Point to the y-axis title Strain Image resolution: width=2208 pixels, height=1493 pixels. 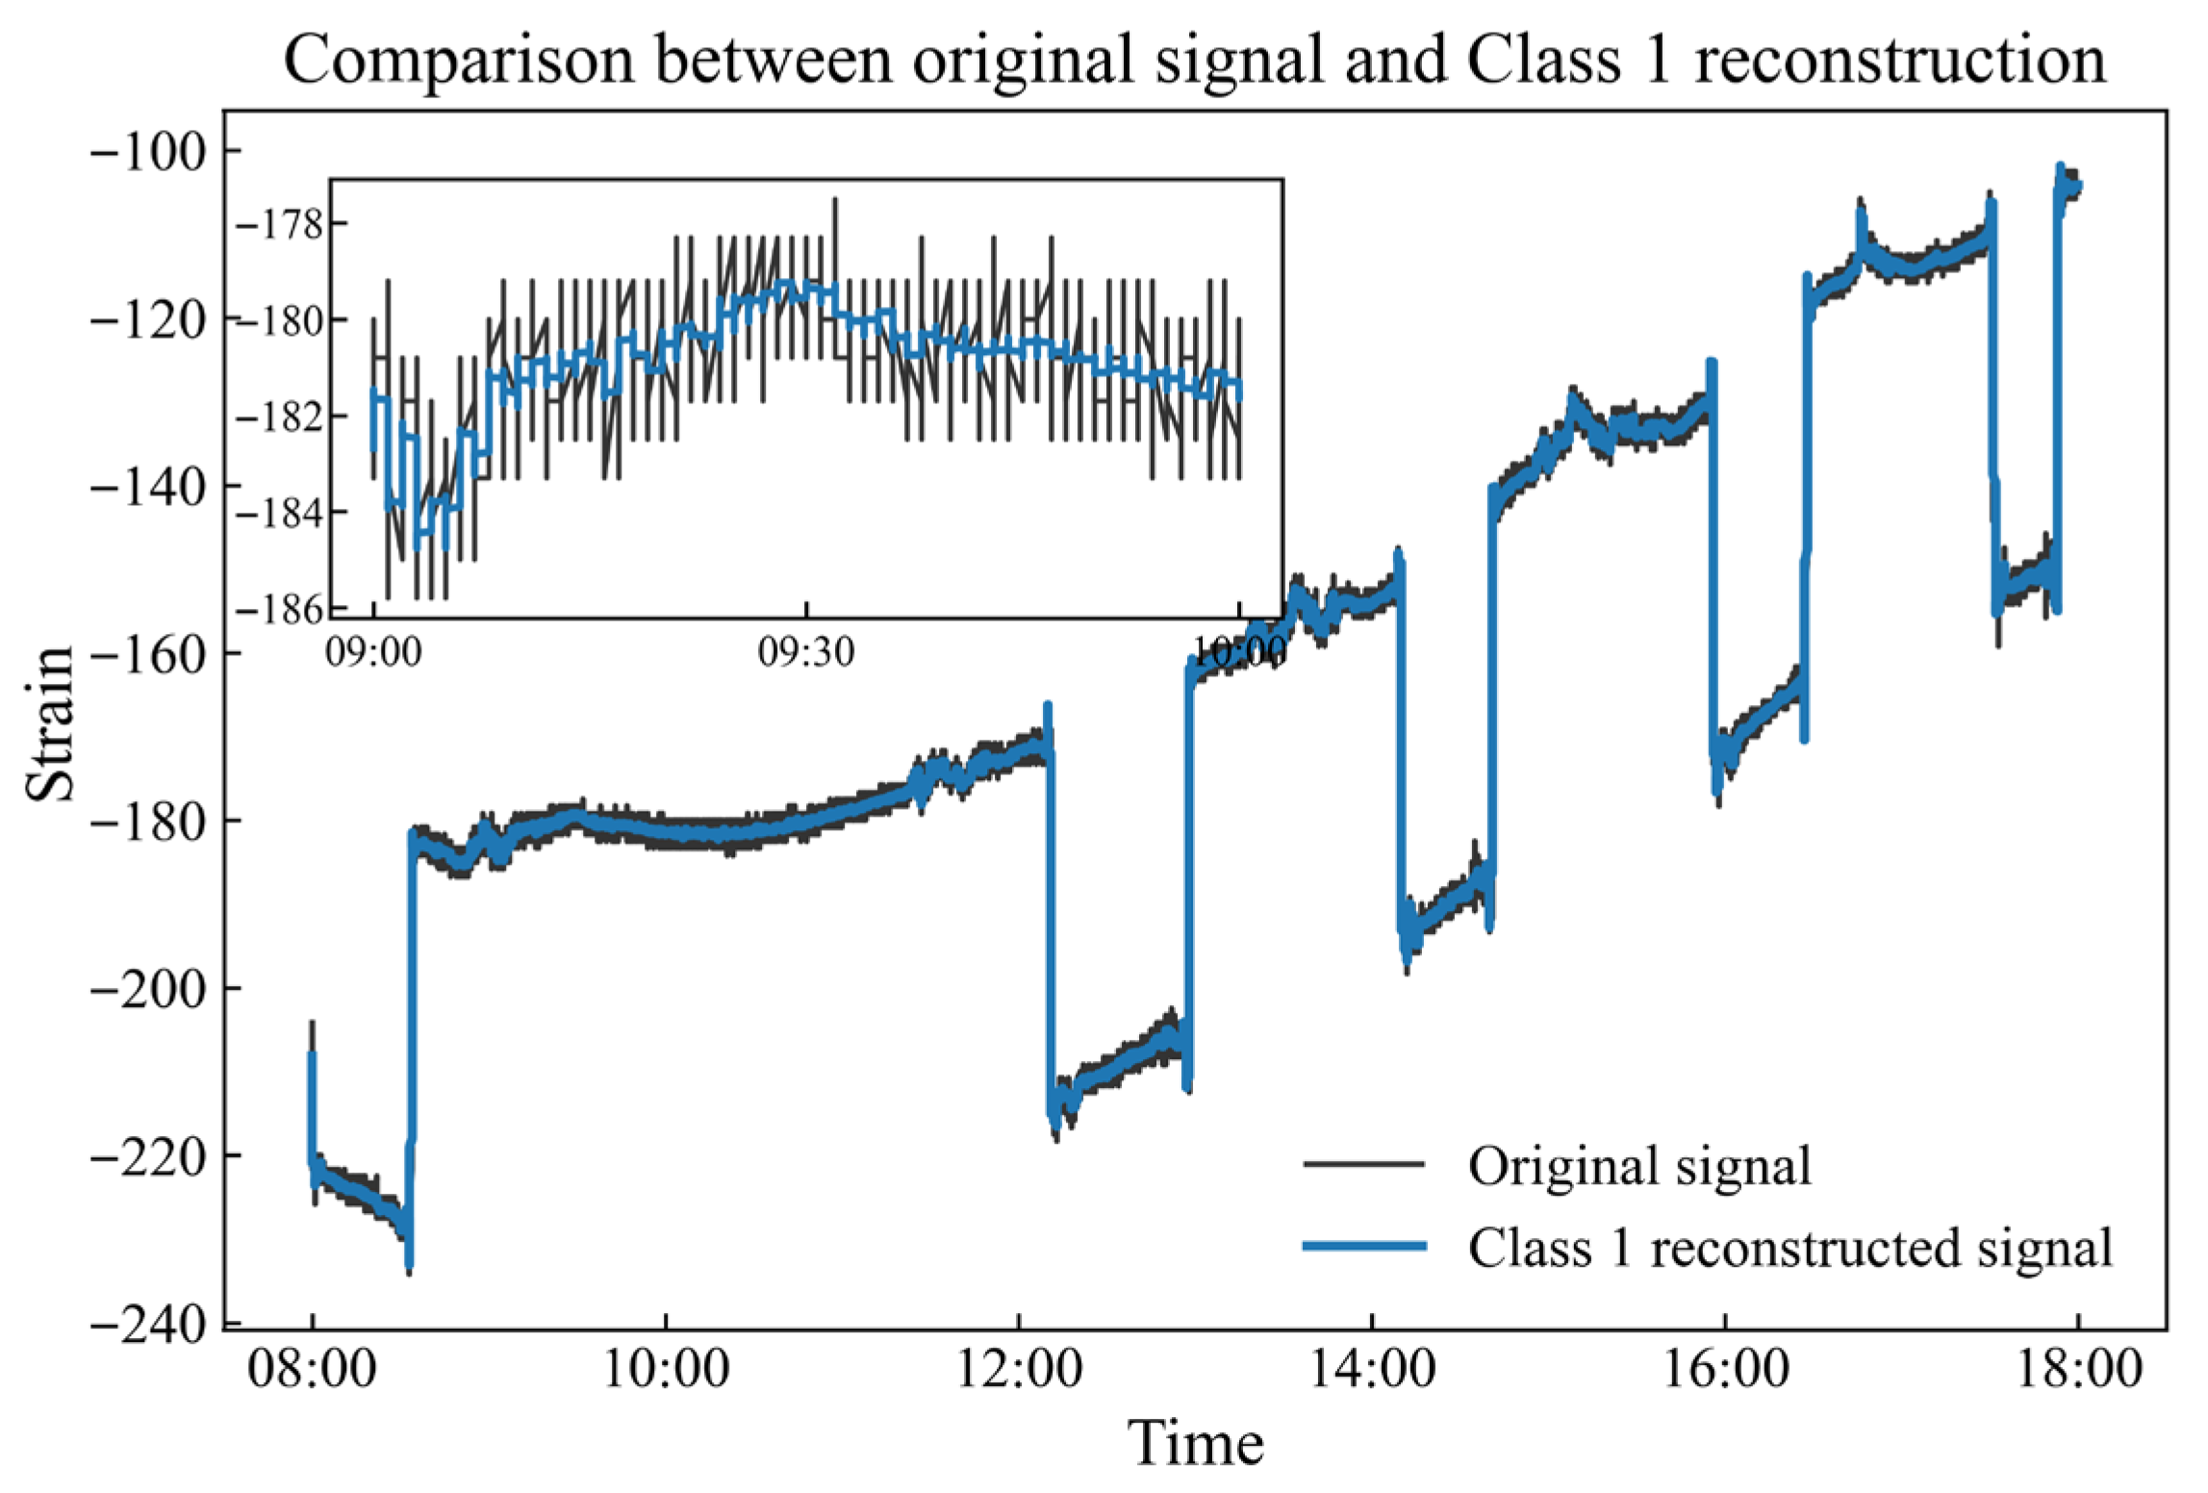click(x=50, y=722)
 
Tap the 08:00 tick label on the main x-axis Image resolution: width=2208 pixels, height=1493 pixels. click(x=312, y=1369)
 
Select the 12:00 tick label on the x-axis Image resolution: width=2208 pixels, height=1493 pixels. click(x=1019, y=1369)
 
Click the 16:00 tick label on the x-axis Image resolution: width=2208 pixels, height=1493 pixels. click(x=1726, y=1369)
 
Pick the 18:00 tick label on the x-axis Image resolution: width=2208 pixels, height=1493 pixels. click(x=2079, y=1369)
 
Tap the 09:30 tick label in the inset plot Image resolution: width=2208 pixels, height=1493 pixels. click(x=805, y=652)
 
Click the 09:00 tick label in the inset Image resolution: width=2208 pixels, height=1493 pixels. click(x=373, y=652)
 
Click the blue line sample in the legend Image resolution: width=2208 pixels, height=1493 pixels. click(x=1363, y=1247)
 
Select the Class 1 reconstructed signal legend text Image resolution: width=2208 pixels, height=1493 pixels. click(x=1790, y=1248)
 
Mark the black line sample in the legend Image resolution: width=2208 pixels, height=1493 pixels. click(x=1363, y=1164)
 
